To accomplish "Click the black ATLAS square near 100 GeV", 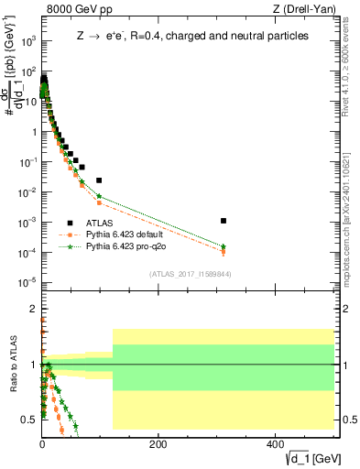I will click(99, 180).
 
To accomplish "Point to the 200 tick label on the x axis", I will click(158, 444).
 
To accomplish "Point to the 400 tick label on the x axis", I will click(274, 444).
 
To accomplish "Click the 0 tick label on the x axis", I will click(42, 444).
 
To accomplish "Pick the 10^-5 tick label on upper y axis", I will click(28, 281).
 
